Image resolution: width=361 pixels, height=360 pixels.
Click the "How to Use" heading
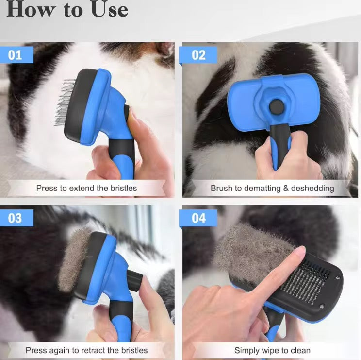[x=67, y=10]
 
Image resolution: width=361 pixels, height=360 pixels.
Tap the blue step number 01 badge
[x=16, y=55]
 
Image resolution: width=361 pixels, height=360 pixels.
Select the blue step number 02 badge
[x=198, y=55]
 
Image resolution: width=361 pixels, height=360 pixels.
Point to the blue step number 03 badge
[x=16, y=218]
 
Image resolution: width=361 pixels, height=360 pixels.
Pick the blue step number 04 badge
[x=198, y=218]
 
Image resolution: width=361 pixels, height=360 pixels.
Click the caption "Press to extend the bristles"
[x=86, y=188]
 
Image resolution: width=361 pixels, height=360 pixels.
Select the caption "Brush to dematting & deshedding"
[x=272, y=188]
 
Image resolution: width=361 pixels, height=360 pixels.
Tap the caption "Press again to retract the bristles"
[x=86, y=350]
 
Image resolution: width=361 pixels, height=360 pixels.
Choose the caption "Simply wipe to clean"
[x=272, y=350]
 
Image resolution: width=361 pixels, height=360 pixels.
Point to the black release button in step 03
[x=134, y=279]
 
